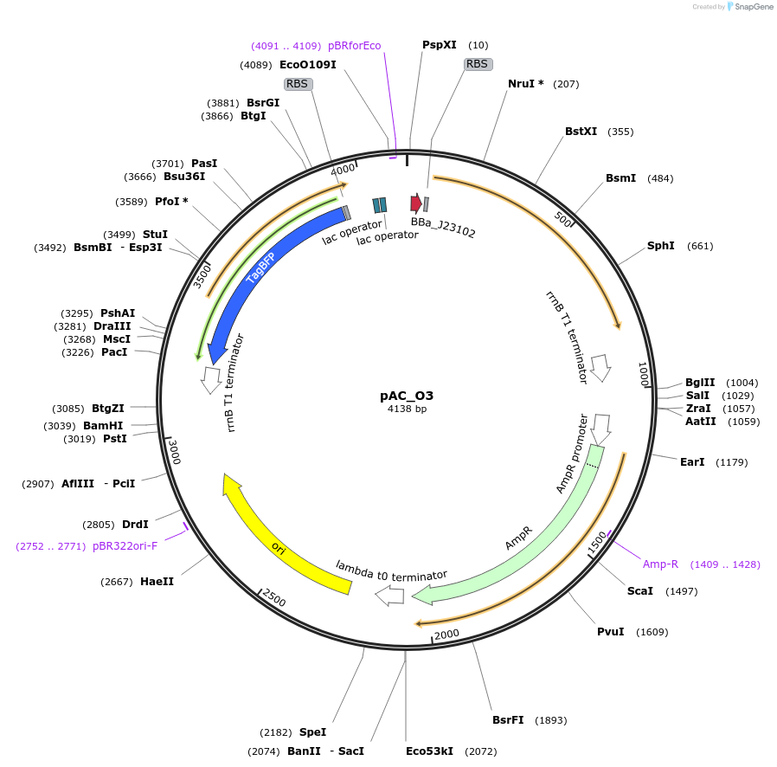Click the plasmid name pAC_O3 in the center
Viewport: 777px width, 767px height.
point(406,396)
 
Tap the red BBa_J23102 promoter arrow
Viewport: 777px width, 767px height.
point(416,203)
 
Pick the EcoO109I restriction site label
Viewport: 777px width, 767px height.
point(307,64)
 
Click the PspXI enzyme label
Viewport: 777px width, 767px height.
point(440,45)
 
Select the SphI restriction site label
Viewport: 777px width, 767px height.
point(660,246)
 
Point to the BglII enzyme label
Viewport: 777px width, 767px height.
point(699,383)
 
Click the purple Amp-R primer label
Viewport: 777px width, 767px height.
point(660,564)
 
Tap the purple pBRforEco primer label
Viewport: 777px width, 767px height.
point(354,46)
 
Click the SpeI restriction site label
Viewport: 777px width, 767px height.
point(312,732)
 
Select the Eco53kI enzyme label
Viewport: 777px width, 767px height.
point(430,751)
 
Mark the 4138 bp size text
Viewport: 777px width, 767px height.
point(407,409)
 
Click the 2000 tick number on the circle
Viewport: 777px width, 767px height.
point(447,634)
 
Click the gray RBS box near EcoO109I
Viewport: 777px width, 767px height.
point(298,84)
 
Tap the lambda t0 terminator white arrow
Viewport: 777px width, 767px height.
point(389,596)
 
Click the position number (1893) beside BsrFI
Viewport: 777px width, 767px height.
point(551,720)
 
